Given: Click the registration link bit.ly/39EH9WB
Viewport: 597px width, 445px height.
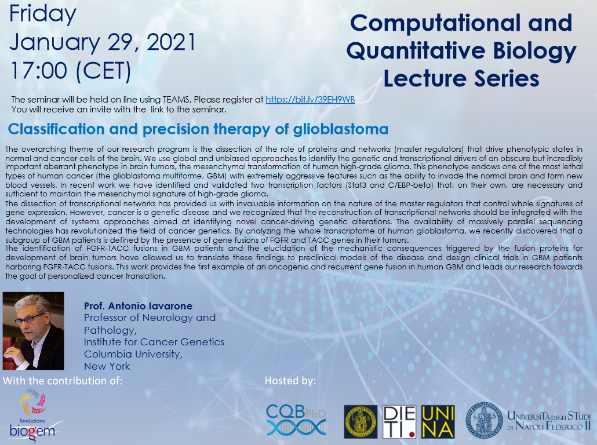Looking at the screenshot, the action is (x=310, y=100).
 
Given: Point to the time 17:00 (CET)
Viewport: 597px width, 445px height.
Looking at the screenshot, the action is (x=71, y=71).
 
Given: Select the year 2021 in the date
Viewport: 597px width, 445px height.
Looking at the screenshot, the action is (x=171, y=42).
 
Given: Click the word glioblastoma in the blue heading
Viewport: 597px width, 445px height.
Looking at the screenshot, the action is (x=341, y=129).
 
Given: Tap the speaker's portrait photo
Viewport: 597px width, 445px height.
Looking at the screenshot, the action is (x=33, y=331).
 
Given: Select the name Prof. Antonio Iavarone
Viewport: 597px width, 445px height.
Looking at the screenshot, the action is (x=138, y=306).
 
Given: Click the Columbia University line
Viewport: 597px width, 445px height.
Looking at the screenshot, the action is (x=133, y=355).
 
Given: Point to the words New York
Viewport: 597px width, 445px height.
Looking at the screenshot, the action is (x=107, y=366).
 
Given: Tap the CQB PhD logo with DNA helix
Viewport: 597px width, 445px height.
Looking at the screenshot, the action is (x=296, y=420).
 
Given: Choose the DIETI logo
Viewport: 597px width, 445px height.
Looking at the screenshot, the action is (x=399, y=422).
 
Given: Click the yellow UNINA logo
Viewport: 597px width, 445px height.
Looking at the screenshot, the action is (x=438, y=422).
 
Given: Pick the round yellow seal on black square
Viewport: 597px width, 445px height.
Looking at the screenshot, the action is (x=361, y=422).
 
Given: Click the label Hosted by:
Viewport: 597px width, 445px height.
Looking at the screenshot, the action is (x=290, y=381).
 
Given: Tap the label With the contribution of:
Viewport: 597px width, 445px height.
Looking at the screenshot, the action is (x=63, y=381).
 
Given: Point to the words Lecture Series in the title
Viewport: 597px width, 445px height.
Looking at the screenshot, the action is (x=461, y=79).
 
